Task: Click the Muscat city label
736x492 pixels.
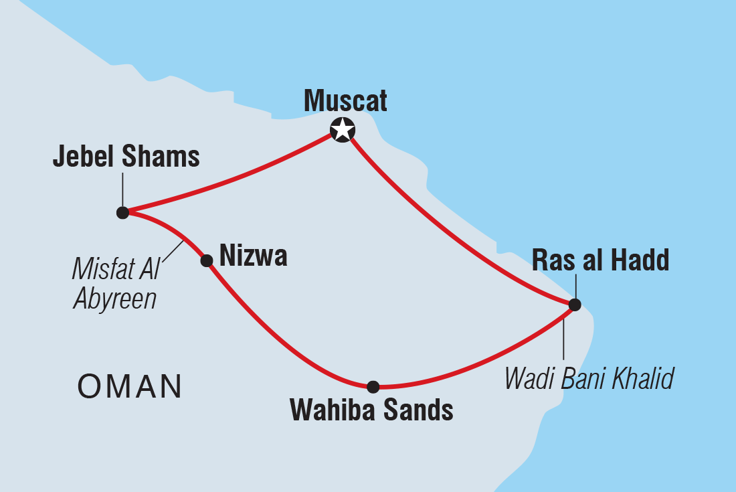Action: (345, 101)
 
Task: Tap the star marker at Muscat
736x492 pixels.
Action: (343, 129)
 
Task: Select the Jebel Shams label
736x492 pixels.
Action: (126, 157)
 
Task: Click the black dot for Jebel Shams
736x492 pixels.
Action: (122, 213)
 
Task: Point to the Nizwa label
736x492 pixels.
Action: (253, 256)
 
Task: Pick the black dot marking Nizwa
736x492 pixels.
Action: (207, 260)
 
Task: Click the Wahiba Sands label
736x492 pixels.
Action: (371, 410)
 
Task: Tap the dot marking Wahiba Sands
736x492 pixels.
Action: (373, 386)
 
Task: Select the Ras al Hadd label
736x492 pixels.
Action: (600, 261)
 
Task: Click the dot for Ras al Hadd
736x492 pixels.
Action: (574, 305)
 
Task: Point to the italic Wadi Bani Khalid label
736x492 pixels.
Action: (588, 379)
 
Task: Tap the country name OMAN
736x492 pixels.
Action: (130, 386)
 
